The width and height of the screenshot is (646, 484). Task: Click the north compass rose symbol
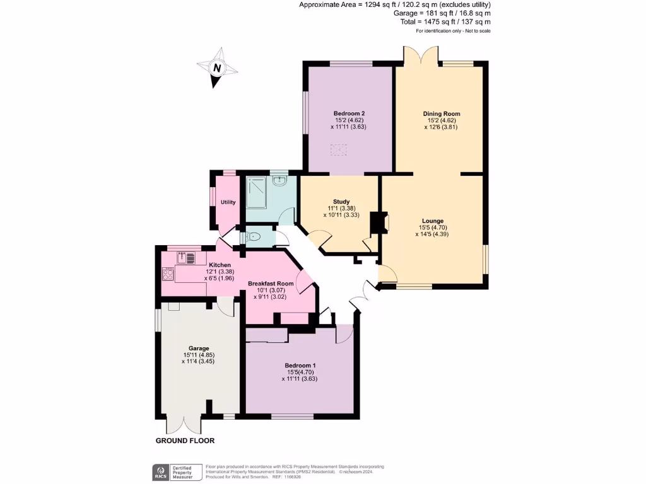point(216,68)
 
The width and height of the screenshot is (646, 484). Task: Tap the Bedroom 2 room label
point(349,113)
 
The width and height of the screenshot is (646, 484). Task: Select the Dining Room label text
point(437,113)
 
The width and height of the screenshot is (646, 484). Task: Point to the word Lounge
point(432,221)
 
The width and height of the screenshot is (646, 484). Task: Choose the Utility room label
point(228,202)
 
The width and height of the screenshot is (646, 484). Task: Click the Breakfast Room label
point(271,284)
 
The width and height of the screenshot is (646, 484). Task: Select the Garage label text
point(199,348)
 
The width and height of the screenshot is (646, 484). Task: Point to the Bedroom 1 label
point(300,366)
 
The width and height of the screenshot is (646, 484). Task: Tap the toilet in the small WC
point(254,237)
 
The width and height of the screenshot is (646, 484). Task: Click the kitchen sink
point(187,257)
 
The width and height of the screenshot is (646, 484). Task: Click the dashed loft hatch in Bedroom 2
point(339,150)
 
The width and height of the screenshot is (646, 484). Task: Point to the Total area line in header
point(445,21)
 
